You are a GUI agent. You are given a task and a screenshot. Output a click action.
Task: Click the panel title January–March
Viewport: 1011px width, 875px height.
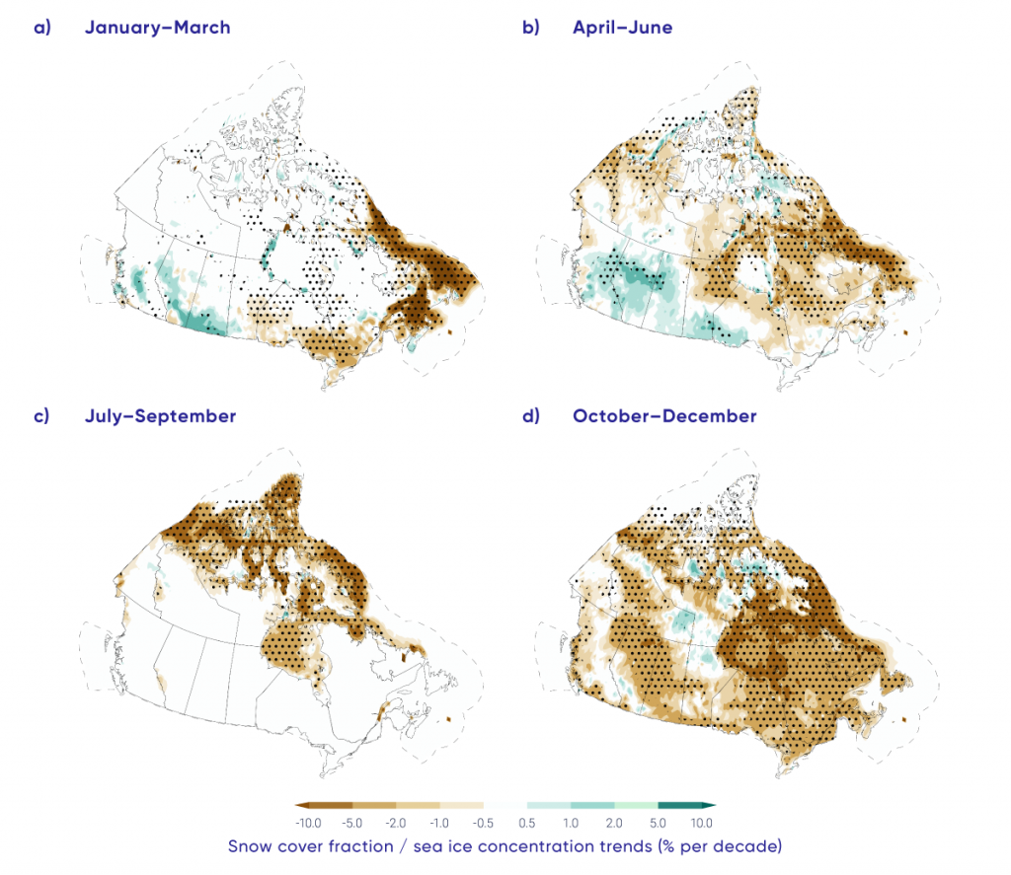157,28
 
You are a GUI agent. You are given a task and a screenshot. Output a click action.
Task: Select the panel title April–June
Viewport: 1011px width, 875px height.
622,28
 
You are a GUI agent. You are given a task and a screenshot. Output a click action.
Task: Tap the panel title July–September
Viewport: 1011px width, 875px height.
160,416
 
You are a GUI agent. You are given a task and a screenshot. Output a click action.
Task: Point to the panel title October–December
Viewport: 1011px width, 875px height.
664,416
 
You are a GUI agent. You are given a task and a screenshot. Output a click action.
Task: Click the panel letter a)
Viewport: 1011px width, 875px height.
41,28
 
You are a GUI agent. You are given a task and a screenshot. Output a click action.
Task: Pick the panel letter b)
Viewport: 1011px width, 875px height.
530,28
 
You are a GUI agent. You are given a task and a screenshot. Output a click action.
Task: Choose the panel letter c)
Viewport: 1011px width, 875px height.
41,416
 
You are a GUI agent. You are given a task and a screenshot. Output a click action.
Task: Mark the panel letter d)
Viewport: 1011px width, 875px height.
530,416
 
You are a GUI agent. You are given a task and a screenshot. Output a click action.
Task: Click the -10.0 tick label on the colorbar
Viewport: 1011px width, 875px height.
308,822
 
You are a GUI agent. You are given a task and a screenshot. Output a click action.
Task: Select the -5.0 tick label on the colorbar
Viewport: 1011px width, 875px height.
352,822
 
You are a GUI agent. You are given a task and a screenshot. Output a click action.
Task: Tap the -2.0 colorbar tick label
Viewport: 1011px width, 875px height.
396,822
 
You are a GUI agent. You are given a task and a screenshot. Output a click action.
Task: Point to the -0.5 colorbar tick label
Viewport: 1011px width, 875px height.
483,822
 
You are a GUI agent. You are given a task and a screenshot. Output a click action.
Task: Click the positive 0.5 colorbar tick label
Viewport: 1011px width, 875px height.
527,822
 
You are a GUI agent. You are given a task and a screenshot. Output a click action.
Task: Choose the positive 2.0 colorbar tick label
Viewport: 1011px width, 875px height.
614,822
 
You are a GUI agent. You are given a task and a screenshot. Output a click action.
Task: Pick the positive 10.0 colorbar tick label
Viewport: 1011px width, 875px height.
701,822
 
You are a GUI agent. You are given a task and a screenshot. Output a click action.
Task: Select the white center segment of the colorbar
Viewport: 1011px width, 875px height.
505,805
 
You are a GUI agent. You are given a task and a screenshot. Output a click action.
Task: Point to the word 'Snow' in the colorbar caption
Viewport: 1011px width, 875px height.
251,846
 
